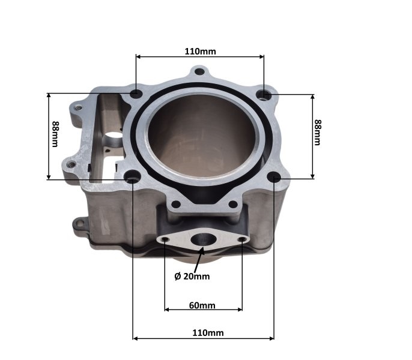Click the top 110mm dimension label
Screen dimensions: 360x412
click(x=200, y=51)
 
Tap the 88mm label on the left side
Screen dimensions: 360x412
click(x=55, y=135)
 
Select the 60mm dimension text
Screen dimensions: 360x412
click(x=202, y=305)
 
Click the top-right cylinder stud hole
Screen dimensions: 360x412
click(x=263, y=94)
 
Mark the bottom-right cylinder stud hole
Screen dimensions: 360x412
click(x=274, y=177)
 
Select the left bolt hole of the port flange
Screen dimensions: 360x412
click(x=165, y=241)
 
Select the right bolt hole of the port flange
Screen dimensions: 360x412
click(x=242, y=239)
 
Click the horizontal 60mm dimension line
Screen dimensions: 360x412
click(x=203, y=310)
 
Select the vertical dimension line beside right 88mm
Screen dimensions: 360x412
click(x=312, y=136)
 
